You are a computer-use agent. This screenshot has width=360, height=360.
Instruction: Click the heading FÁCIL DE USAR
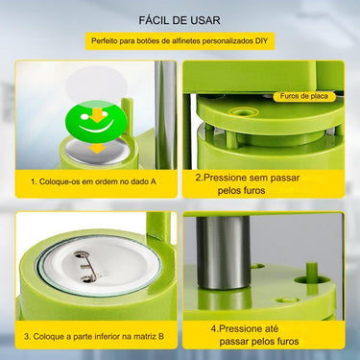click(x=180, y=18)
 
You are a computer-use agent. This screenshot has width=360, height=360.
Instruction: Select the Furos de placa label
click(x=303, y=96)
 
